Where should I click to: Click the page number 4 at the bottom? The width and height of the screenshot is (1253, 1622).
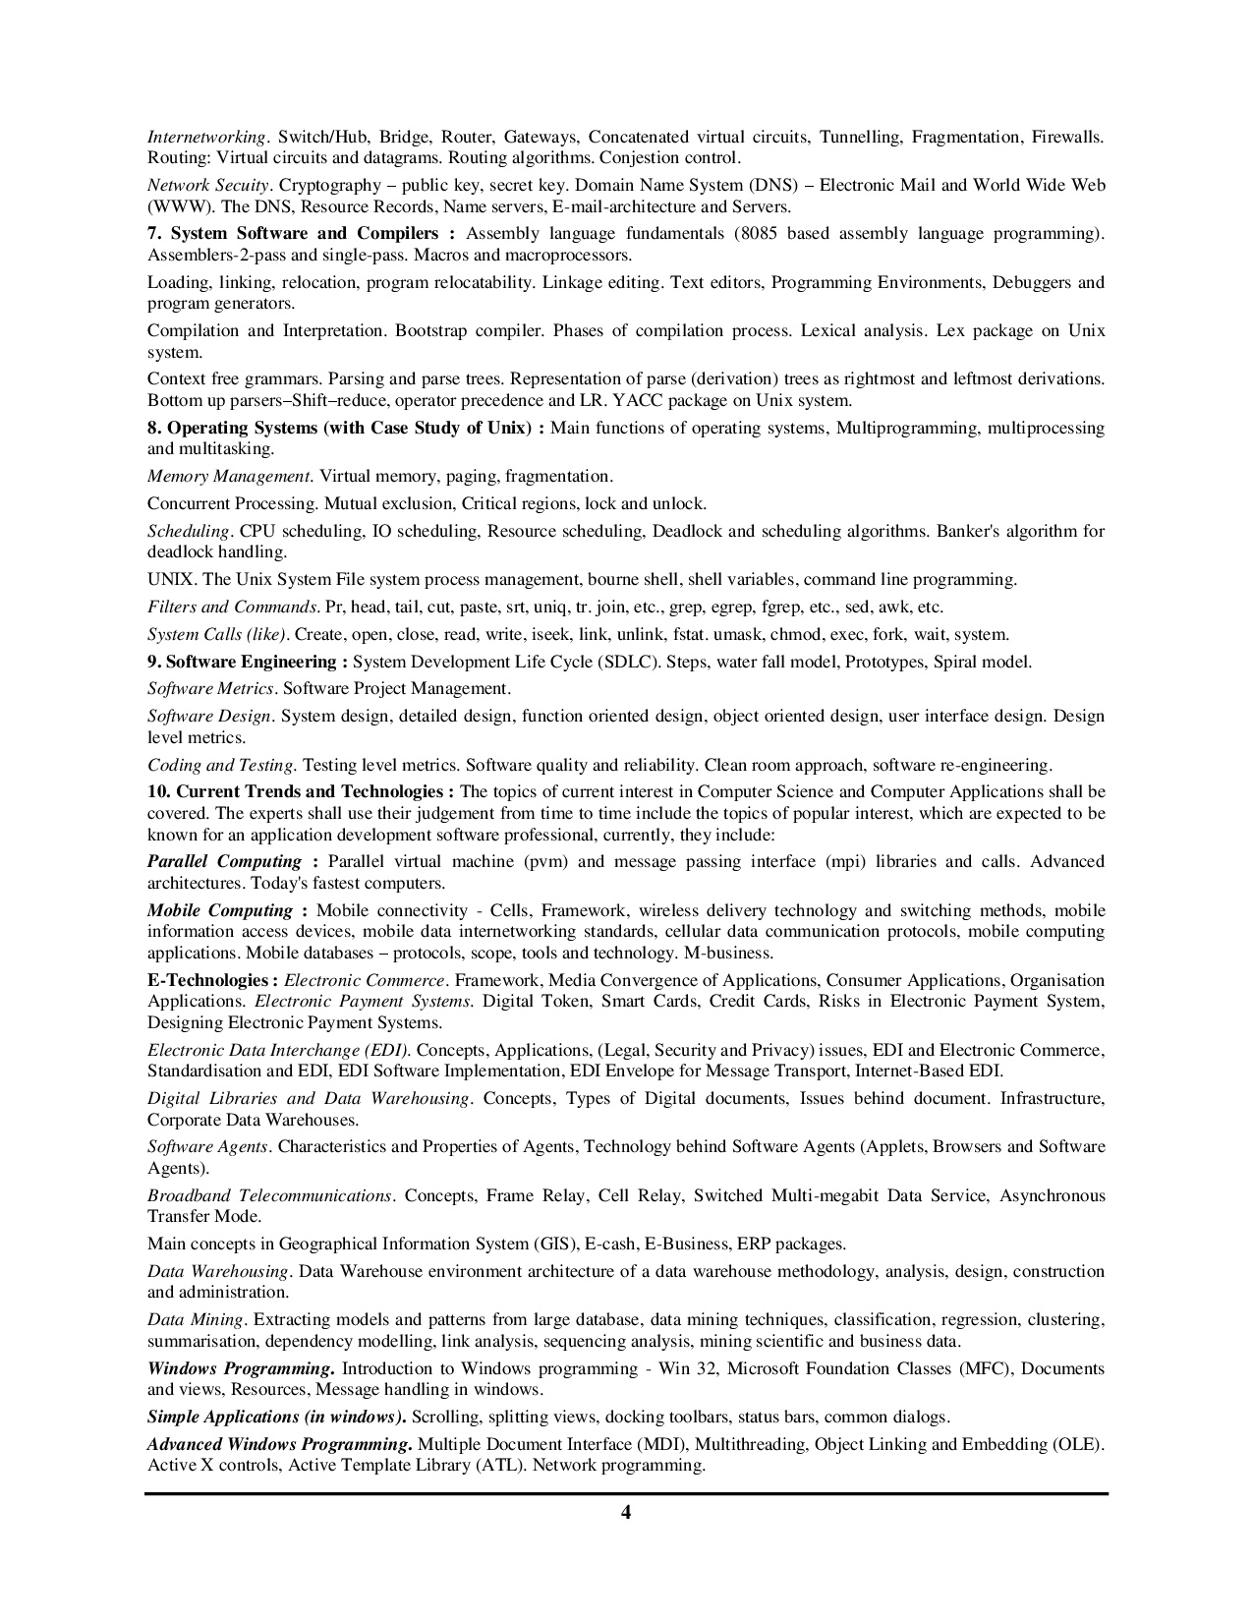(x=626, y=1513)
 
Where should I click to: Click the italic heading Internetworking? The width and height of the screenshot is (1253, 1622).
(x=206, y=137)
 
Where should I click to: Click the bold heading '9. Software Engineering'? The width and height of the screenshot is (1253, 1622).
(x=247, y=662)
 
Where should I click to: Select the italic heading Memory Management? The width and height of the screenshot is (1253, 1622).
(x=229, y=476)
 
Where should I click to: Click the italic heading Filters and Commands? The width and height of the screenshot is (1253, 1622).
(x=233, y=607)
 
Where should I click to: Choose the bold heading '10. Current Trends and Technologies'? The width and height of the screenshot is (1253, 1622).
(x=301, y=791)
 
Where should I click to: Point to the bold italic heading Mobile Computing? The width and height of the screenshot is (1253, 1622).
(x=220, y=910)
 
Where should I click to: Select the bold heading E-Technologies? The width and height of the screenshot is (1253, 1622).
(x=207, y=980)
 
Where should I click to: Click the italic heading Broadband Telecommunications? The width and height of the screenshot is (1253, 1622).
(x=269, y=1195)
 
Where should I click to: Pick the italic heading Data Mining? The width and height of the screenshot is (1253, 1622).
(x=195, y=1319)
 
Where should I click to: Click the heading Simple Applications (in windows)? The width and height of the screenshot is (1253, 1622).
(x=276, y=1417)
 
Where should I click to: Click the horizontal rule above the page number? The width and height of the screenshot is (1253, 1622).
(x=626, y=1494)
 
